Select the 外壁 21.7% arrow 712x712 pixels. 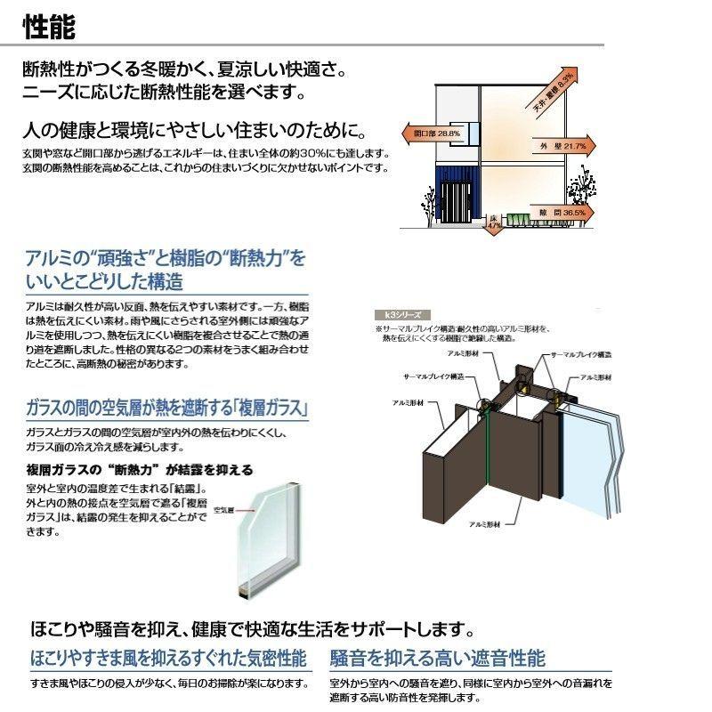[x=558, y=144]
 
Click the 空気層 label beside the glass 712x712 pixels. [x=223, y=512]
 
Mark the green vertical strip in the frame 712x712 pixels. [x=489, y=454]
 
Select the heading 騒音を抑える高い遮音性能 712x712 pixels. [x=437, y=659]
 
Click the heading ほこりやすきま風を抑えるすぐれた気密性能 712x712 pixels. [x=168, y=659]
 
